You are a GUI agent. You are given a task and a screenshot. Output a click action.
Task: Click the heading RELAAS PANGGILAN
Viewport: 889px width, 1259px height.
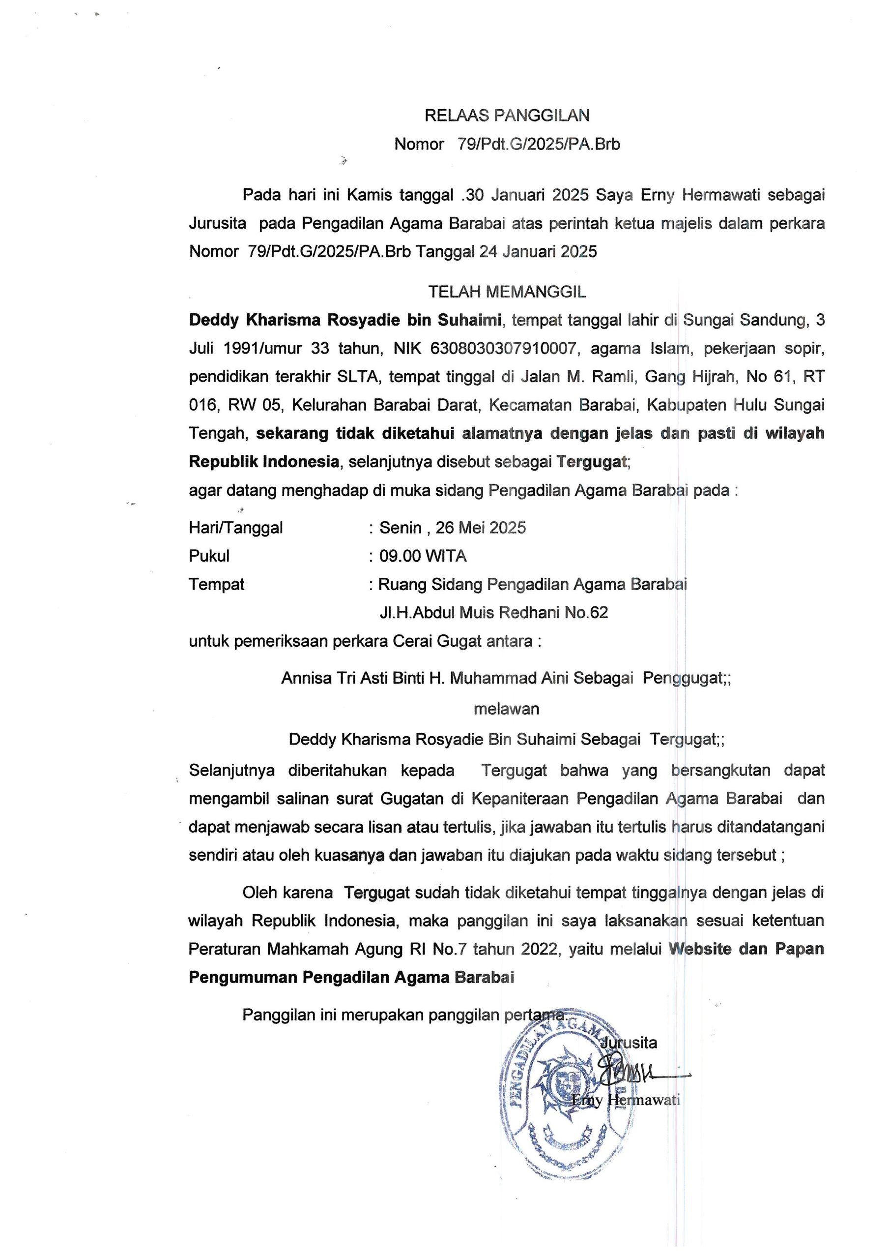pos(507,115)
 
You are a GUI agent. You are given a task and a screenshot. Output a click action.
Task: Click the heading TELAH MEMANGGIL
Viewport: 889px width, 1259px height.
pos(507,292)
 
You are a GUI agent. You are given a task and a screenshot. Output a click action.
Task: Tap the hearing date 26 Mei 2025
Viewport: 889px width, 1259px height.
pos(481,528)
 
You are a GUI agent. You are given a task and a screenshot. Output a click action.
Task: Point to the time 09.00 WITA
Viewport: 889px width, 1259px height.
pos(423,556)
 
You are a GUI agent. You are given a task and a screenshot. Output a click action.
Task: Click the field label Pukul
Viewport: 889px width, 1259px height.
pos(209,556)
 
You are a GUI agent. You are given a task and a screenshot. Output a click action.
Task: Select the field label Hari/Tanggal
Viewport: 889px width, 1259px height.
pos(236,528)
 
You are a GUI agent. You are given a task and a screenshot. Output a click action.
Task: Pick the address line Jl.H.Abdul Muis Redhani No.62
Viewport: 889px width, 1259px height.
pos(493,612)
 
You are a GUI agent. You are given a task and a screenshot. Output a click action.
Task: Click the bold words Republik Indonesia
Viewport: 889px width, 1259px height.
pos(263,462)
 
